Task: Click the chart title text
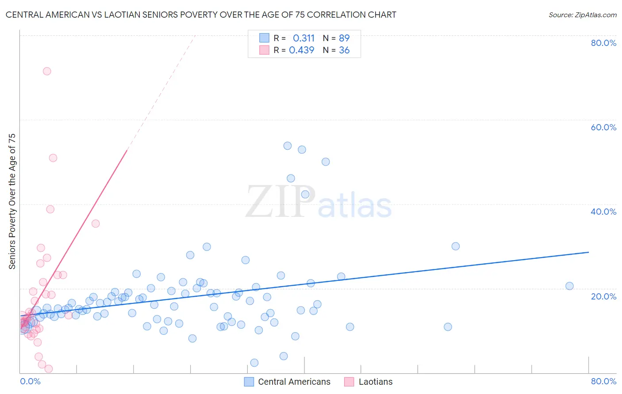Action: click(x=201, y=15)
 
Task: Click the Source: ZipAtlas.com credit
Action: click(x=582, y=15)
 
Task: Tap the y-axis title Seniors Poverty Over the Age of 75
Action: click(x=12, y=201)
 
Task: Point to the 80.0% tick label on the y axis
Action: click(x=603, y=43)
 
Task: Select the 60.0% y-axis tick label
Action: click(x=603, y=127)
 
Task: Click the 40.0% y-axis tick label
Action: click(x=603, y=212)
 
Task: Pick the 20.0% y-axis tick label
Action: click(x=603, y=296)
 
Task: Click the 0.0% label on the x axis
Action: click(x=30, y=381)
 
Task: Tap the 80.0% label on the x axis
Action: click(x=603, y=381)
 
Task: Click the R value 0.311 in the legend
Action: click(x=303, y=38)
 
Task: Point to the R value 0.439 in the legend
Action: click(x=301, y=50)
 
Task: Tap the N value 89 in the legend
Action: click(x=344, y=38)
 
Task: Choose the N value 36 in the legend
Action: click(x=344, y=50)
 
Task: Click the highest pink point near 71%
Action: click(x=47, y=71)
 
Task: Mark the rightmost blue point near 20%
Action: click(x=569, y=286)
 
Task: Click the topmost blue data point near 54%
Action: click(x=288, y=146)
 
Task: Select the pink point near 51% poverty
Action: click(x=53, y=158)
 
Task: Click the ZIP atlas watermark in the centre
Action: click(x=319, y=202)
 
